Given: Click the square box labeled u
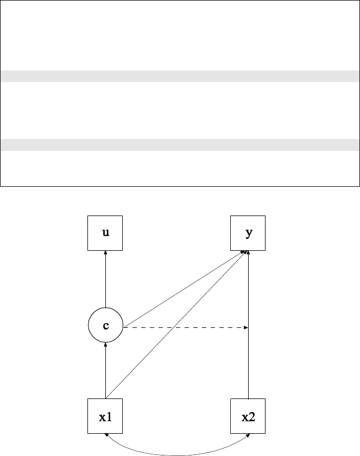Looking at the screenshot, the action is (x=105, y=233).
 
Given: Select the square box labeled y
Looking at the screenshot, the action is (x=248, y=233).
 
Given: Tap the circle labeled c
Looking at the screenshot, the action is (x=105, y=326).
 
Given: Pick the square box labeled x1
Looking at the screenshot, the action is (x=105, y=416).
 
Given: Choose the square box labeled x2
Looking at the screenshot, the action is (x=248, y=416).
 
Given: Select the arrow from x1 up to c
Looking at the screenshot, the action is (x=105, y=372).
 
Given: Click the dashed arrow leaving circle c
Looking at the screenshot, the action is (x=185, y=327).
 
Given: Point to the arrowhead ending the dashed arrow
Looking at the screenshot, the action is (x=246, y=327).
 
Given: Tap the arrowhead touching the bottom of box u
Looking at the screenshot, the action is (x=105, y=253).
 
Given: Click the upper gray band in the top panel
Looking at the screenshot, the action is (x=180, y=76).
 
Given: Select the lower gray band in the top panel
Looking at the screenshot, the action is (x=180, y=144).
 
